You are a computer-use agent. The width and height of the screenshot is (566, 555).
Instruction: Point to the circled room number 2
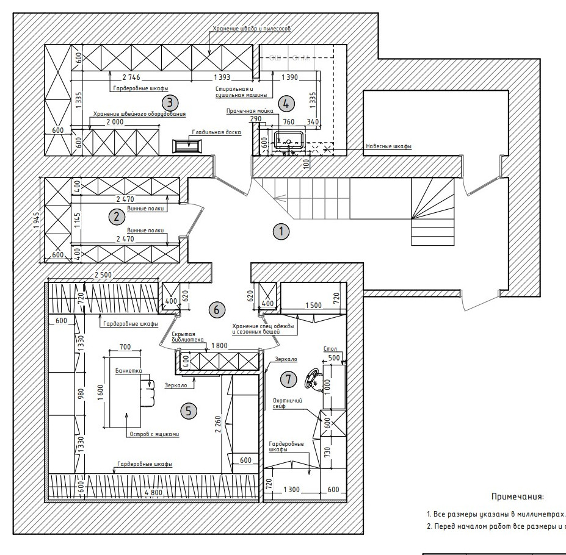pyautogui.click(x=114, y=215)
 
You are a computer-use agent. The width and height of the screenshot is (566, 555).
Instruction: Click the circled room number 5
pyautogui.click(x=189, y=411)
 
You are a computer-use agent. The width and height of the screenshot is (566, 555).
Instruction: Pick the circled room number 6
pyautogui.click(x=215, y=310)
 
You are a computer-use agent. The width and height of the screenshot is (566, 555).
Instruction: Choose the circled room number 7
pyautogui.click(x=288, y=379)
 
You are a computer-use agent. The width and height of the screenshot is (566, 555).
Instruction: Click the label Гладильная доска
pyautogui.click(x=217, y=132)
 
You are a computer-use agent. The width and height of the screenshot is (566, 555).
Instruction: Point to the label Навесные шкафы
pyautogui.click(x=388, y=146)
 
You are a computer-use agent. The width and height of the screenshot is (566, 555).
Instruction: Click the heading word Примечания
pyautogui.click(x=517, y=497)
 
